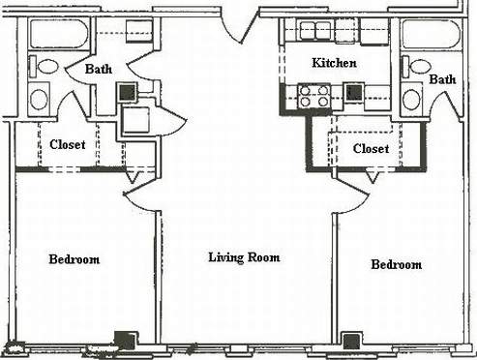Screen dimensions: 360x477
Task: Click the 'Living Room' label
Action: coord(244,257)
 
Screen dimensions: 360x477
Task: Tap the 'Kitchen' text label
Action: coord(334,63)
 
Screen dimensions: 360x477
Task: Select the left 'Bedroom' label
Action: coord(75,259)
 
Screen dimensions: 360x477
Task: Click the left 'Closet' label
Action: coord(67,144)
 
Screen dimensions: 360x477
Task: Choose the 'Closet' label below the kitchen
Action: coord(371,149)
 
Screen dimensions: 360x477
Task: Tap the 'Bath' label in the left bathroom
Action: coord(99,70)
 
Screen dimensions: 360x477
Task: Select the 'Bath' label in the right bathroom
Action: coord(442,79)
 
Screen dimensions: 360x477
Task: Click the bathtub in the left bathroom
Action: coord(58,34)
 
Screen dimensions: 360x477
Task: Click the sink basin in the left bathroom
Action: coord(40,99)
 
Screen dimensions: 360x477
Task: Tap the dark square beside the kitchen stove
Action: coord(354,94)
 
